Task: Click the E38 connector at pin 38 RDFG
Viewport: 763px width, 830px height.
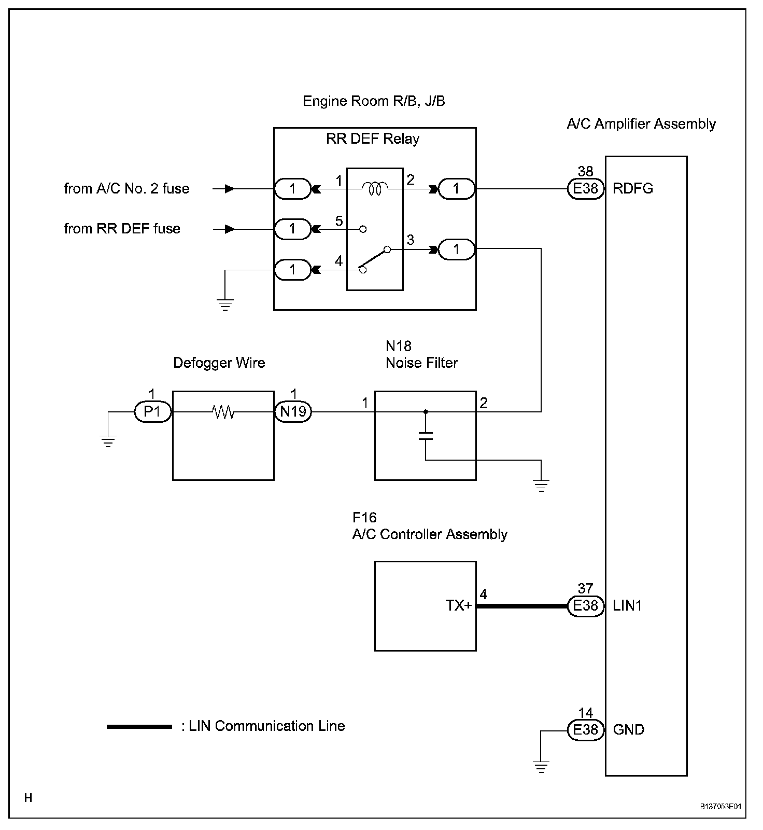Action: point(586,189)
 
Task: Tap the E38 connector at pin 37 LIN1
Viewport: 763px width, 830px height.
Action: point(586,606)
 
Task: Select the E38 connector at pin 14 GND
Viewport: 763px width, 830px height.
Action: point(586,730)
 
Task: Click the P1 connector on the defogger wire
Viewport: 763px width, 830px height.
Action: point(152,412)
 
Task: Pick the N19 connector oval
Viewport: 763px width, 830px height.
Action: point(293,412)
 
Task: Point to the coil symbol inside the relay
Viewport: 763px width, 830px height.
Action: point(375,189)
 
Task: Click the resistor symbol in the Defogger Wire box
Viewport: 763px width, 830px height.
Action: point(223,412)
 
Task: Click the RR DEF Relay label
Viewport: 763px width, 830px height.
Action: point(373,139)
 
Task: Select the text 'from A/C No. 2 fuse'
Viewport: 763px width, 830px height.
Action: point(127,188)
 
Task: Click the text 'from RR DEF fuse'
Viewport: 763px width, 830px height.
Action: point(122,229)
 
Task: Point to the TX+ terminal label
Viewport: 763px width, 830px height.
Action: point(459,605)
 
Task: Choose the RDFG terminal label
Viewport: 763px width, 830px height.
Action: point(633,189)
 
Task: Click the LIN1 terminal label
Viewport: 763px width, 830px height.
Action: point(628,606)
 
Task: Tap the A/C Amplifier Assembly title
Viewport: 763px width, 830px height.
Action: point(641,124)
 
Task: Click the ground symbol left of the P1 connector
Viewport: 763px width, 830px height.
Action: point(108,441)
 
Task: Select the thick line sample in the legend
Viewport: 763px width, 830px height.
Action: point(139,727)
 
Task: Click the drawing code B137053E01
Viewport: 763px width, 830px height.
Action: point(720,807)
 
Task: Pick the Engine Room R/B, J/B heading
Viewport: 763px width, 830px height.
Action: point(374,101)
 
